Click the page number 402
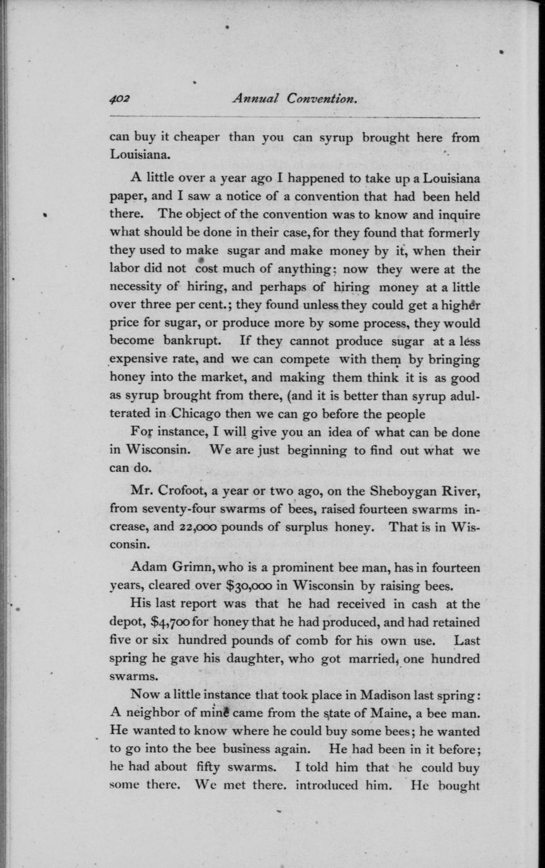click(119, 99)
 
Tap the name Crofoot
click(186, 491)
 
